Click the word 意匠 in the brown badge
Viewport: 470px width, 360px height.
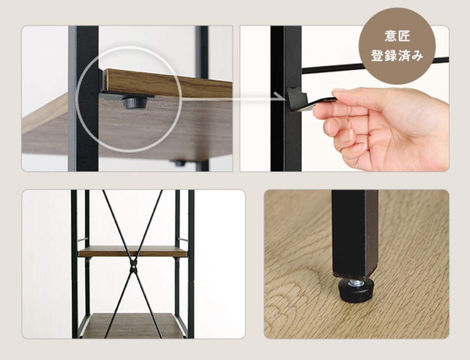397,36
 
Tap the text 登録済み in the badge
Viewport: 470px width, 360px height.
397,56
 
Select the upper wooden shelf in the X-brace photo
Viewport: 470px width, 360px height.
132,251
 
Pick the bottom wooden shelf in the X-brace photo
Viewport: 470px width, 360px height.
132,326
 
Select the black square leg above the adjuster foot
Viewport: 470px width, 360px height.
355,233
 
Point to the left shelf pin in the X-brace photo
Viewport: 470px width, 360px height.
82,239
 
